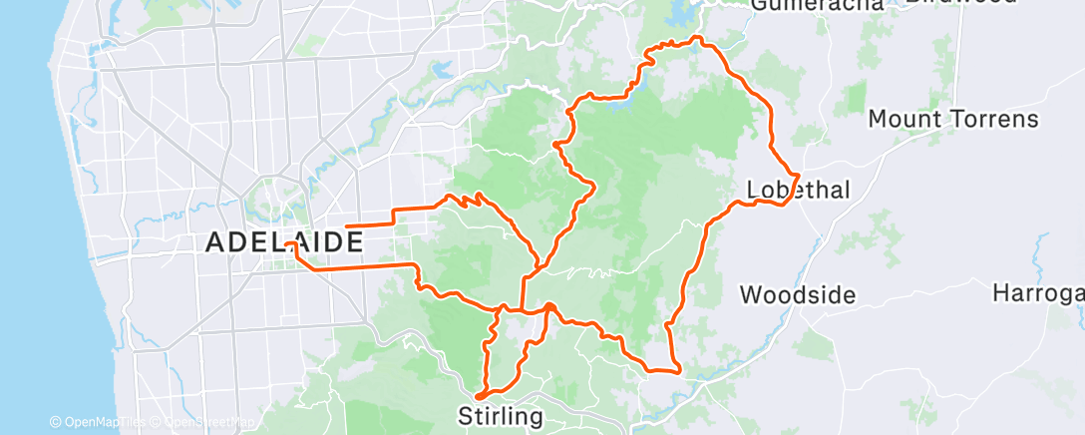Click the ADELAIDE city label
[284, 241]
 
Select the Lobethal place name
[799, 190]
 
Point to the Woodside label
[798, 294]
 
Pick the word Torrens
[997, 119]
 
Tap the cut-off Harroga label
[1038, 293]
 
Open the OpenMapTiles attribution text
[96, 423]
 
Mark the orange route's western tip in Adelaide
[286, 243]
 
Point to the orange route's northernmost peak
[698, 38]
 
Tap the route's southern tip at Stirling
[479, 396]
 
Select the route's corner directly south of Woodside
[679, 371]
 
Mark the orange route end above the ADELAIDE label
[346, 228]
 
